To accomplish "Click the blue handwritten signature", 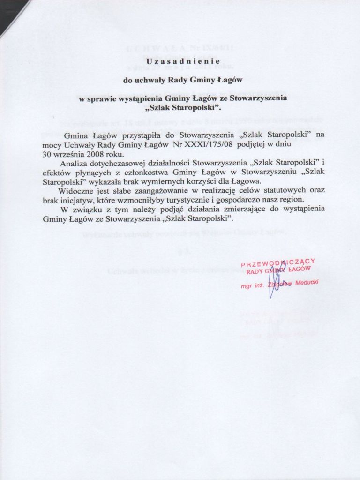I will (273, 284).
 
